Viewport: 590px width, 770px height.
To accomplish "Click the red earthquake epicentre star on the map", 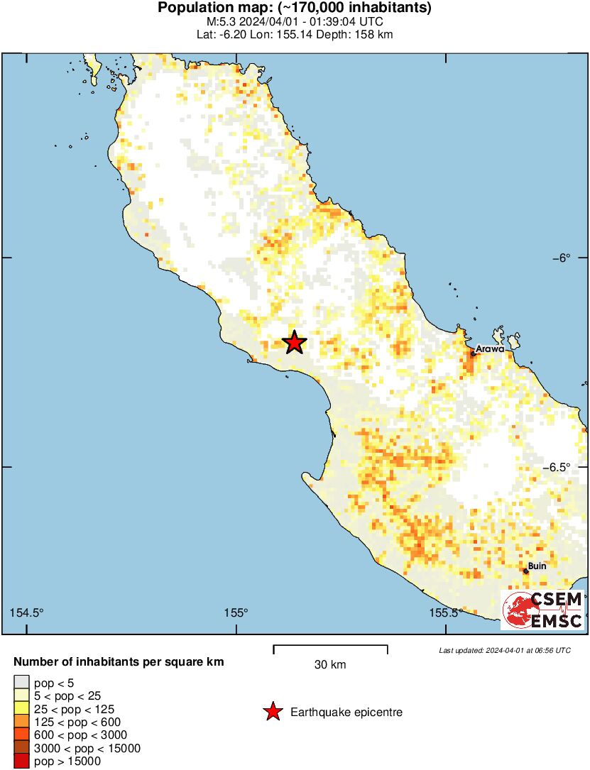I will tap(294, 343).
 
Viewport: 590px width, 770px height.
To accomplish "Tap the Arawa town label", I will tap(490, 349).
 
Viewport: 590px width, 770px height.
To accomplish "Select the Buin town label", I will tap(537, 566).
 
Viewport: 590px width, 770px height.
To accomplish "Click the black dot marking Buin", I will tap(526, 571).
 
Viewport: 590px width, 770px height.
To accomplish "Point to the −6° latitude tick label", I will tap(562, 258).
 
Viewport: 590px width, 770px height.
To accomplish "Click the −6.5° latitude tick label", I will tap(557, 467).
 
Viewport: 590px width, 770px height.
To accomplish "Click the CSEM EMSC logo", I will tap(543, 610).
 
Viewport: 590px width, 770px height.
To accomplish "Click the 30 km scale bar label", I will tap(330, 665).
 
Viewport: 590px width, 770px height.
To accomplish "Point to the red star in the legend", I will tap(273, 712).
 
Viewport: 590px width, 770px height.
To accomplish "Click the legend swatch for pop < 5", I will tap(22, 683).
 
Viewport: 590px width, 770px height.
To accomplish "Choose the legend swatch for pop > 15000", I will tap(22, 761).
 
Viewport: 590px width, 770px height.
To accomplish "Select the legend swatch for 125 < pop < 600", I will tap(22, 722).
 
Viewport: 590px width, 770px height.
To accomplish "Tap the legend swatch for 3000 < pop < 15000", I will tap(22, 748).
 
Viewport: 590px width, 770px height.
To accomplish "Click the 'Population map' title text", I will tap(294, 9).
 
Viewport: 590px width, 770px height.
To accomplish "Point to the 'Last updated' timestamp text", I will tap(504, 650).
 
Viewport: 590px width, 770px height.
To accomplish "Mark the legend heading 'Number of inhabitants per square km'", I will tap(119, 662).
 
